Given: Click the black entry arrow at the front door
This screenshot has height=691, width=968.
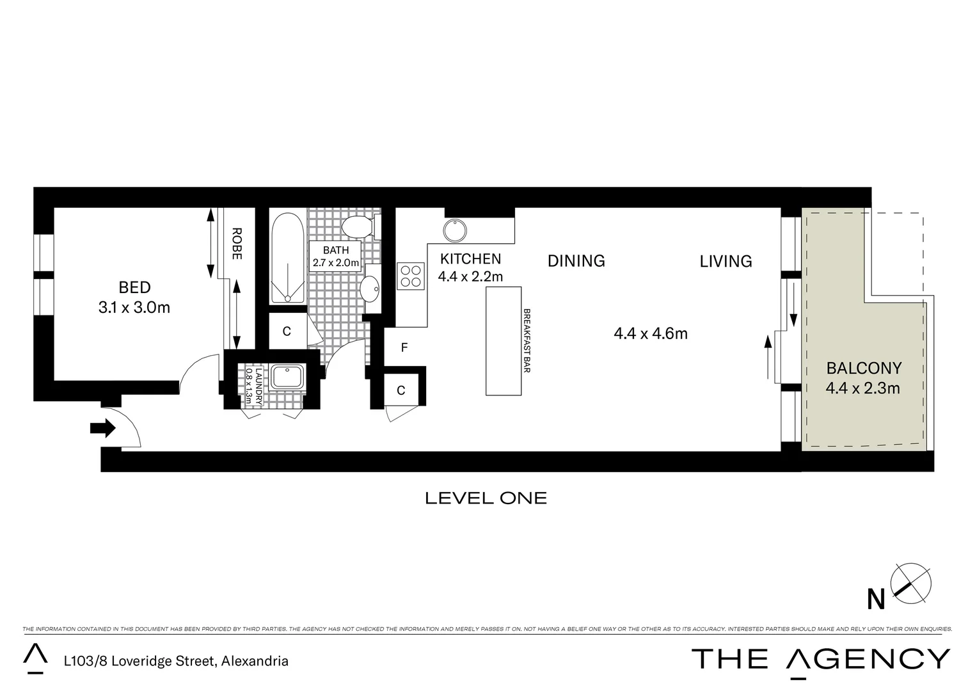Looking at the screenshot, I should (x=102, y=428).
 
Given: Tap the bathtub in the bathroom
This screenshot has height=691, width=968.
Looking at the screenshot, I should (x=287, y=258).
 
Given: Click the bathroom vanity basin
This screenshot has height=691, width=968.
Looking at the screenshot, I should (x=370, y=290).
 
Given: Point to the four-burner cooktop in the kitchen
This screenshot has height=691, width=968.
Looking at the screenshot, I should (x=411, y=276).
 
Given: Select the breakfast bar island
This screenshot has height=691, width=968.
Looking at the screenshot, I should (x=503, y=341).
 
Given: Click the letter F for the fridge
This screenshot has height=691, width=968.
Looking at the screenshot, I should (x=404, y=348).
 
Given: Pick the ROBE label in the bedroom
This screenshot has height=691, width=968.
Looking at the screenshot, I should (x=236, y=244).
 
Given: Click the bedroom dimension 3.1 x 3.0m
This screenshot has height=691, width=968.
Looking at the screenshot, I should (x=134, y=308).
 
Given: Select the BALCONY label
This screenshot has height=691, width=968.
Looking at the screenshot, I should (x=864, y=368).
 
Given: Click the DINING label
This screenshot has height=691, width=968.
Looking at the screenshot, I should (x=576, y=261).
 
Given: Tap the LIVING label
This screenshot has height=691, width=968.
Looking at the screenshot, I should (x=726, y=261).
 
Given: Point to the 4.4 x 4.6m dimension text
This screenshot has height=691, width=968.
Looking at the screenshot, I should (x=650, y=333).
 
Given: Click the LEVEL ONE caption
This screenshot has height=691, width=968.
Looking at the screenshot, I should (x=486, y=498).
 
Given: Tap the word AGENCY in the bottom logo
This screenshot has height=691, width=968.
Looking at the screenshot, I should (x=868, y=659).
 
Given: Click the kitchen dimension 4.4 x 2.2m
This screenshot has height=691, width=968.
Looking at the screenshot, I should (x=470, y=276).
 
